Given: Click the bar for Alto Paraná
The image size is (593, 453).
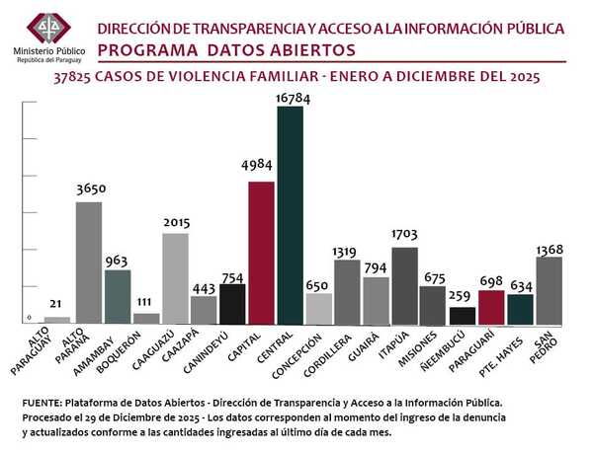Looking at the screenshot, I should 89,263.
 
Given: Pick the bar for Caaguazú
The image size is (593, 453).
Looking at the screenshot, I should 176,278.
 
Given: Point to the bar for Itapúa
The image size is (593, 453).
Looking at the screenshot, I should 404,285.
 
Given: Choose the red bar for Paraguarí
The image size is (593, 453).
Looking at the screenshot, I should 491,307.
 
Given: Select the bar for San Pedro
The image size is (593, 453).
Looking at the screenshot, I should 550,290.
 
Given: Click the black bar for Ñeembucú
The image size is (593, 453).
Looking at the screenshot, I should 462,316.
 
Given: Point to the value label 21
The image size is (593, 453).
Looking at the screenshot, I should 58,303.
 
